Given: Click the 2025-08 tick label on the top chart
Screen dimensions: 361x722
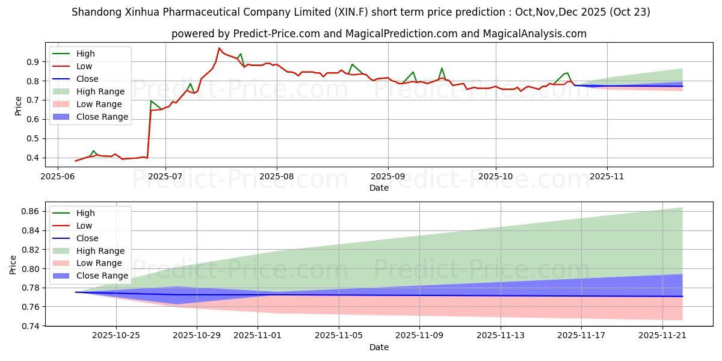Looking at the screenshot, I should pyautogui.click(x=276, y=176).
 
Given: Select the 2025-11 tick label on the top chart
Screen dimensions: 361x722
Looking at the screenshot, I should pyautogui.click(x=607, y=176).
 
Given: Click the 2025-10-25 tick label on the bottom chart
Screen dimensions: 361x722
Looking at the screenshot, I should pyautogui.click(x=116, y=336).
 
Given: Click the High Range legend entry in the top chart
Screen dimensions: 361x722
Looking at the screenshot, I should pyautogui.click(x=100, y=91).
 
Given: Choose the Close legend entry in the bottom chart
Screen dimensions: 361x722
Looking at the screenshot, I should pyautogui.click(x=87, y=238).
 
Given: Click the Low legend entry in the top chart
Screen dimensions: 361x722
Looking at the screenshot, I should pyautogui.click(x=84, y=66).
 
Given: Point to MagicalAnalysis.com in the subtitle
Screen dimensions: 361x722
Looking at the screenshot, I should pyautogui.click(x=538, y=34).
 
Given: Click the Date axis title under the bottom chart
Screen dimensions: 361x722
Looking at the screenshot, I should pyautogui.click(x=379, y=347).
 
